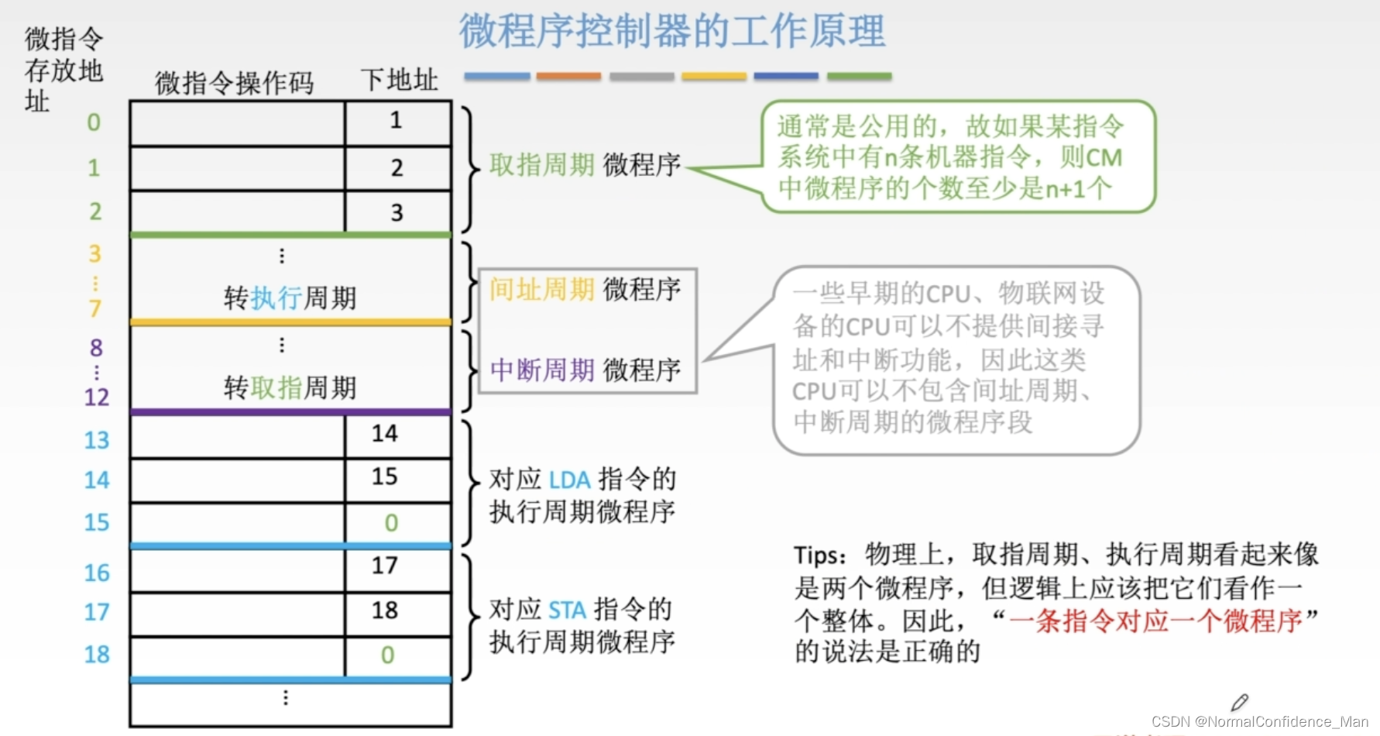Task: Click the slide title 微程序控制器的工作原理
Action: click(x=672, y=32)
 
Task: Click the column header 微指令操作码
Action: click(x=234, y=83)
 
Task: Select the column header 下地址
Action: click(x=399, y=80)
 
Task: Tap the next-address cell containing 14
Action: click(x=384, y=434)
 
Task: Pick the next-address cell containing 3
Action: click(x=396, y=212)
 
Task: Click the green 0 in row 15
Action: click(x=391, y=523)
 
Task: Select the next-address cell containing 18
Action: click(x=384, y=610)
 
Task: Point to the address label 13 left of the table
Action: click(x=97, y=440)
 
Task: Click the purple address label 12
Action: click(x=97, y=397)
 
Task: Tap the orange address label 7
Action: click(x=95, y=309)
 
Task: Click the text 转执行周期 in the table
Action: click(x=290, y=298)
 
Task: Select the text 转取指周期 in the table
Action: click(x=290, y=387)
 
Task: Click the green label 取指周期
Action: click(x=541, y=165)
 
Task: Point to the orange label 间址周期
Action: click(x=541, y=290)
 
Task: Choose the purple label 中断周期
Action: click(x=541, y=370)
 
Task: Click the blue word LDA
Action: click(x=569, y=480)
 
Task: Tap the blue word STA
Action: click(x=568, y=610)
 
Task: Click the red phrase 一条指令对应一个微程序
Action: click(x=1155, y=621)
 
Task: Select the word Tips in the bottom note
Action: click(x=817, y=555)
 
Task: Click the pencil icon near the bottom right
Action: click(x=1239, y=702)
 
